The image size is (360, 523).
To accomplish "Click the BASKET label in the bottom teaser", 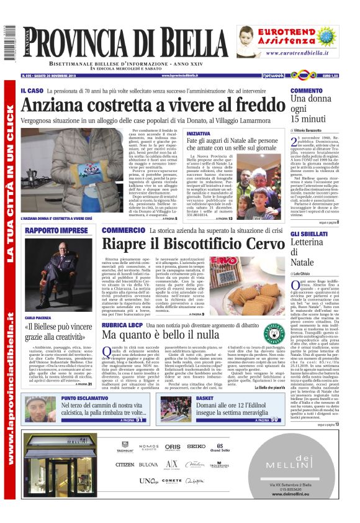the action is coord(205,398).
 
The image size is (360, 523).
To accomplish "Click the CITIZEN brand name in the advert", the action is coord(125,464).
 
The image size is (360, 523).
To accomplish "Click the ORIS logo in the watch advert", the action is coord(173,446).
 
